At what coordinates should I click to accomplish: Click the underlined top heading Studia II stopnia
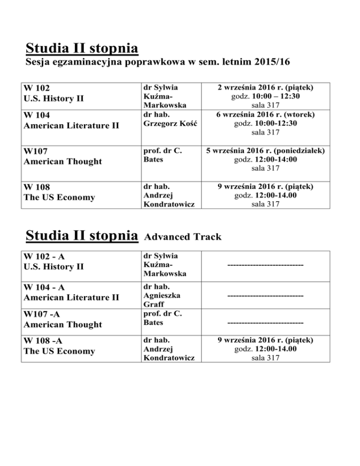tap(82, 48)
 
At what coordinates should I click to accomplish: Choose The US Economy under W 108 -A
tap(59, 352)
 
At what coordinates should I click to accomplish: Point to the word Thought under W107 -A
tap(84, 324)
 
